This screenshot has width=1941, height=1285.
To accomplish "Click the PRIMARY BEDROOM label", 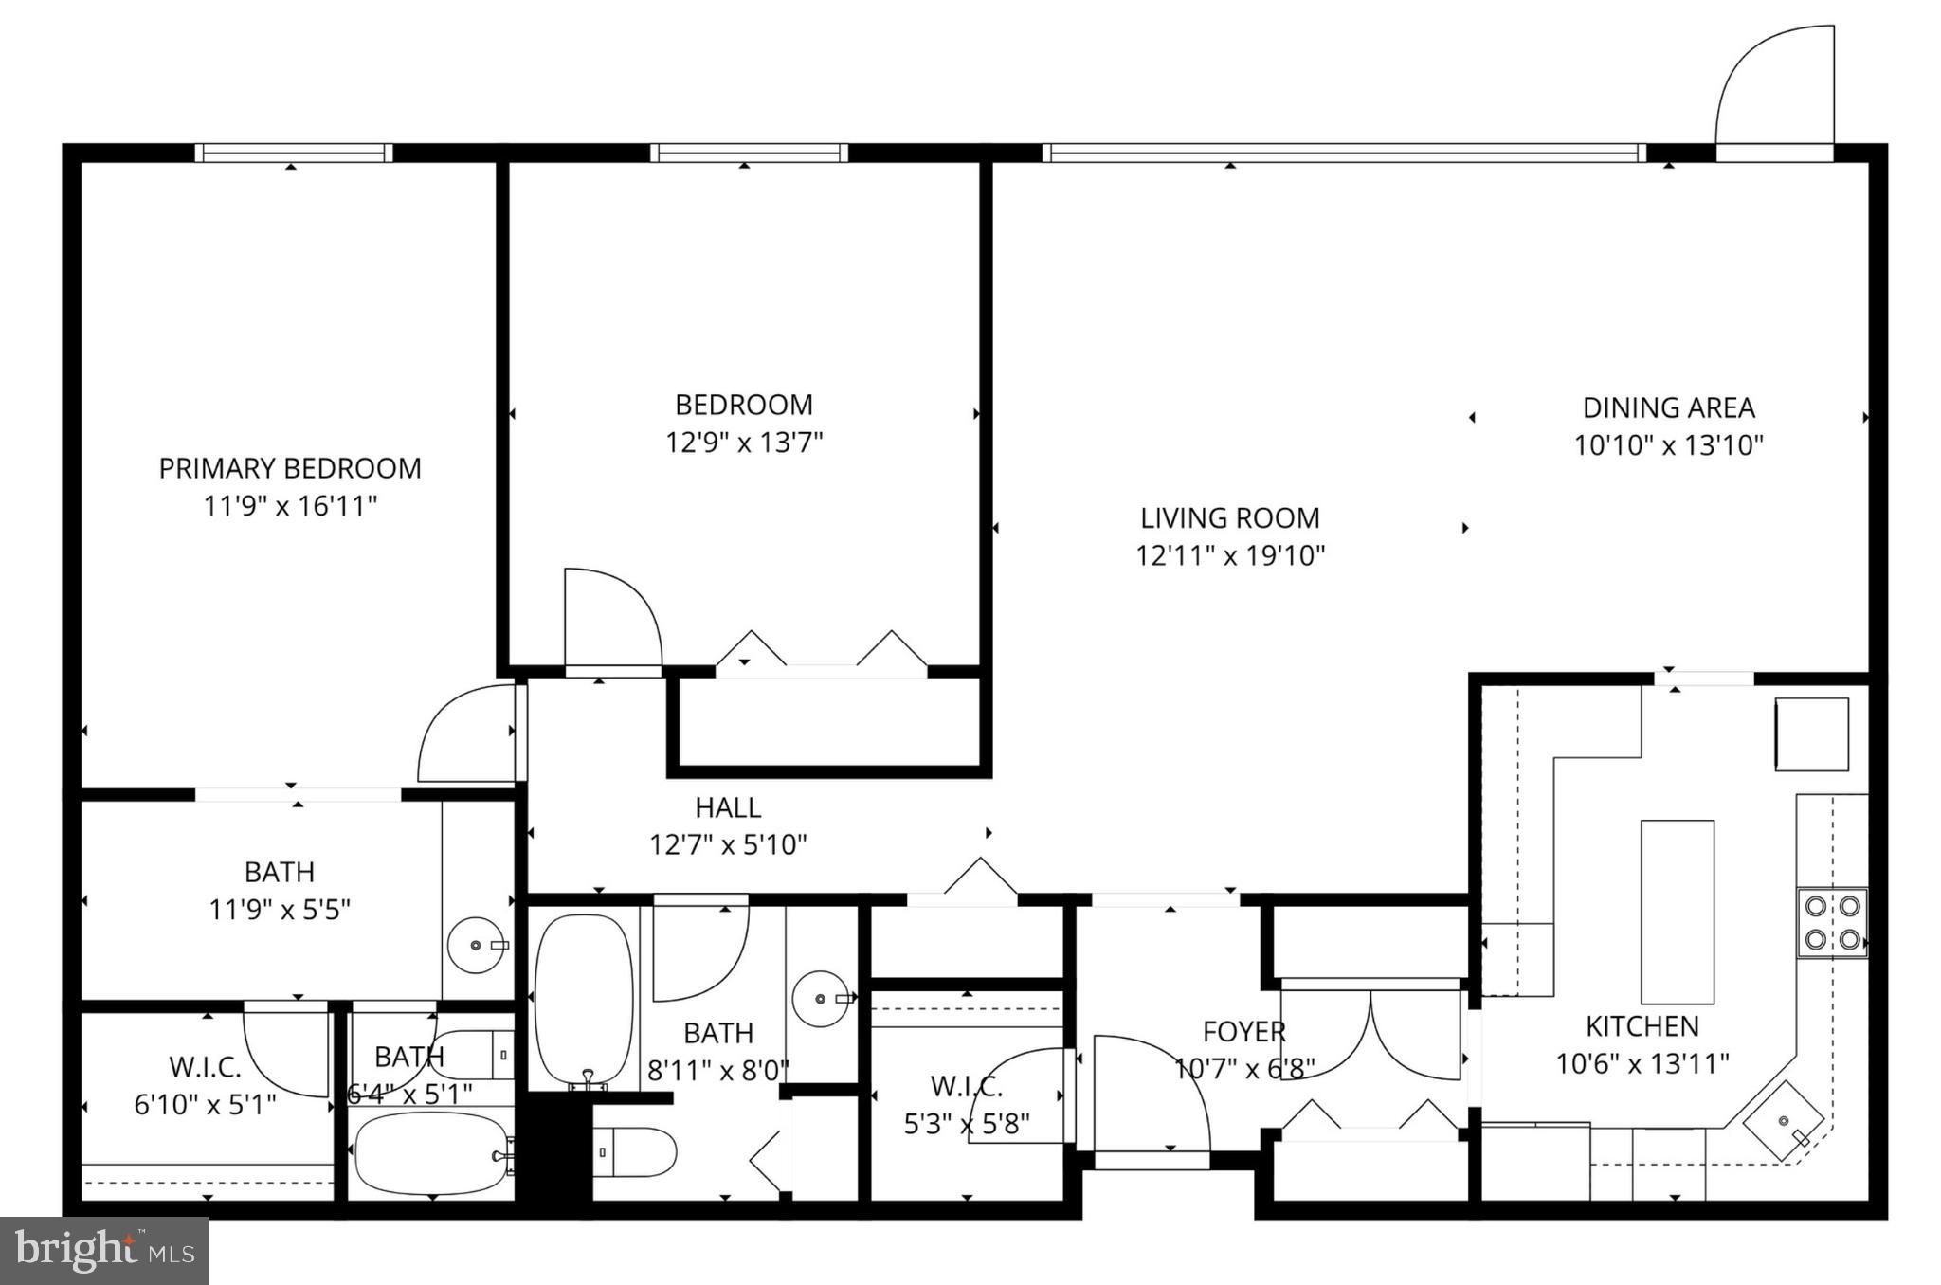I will (x=289, y=468).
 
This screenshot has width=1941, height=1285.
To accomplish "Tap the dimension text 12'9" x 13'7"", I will (x=744, y=443).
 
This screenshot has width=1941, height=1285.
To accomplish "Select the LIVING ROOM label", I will (x=1229, y=518).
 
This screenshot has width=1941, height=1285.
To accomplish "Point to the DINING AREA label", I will (x=1668, y=408).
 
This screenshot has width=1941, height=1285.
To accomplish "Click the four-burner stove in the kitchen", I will (x=1831, y=923).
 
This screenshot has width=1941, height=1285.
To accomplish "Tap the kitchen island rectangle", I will (x=1677, y=912).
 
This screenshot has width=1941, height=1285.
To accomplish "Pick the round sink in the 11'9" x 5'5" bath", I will (x=477, y=945).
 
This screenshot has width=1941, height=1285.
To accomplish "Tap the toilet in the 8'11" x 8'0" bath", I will (x=635, y=1152).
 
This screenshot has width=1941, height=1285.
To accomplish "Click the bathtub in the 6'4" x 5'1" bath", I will (x=431, y=1154).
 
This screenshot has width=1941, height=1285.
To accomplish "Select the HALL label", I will (x=727, y=808).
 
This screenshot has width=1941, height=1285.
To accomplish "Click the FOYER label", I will (x=1243, y=1032).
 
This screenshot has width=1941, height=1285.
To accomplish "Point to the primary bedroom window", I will (x=293, y=154).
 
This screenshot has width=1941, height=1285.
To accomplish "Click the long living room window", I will (x=1343, y=154).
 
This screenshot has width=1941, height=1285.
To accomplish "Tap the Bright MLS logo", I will (x=104, y=1250).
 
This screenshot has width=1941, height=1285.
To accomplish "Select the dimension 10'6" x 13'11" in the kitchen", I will (x=1642, y=1064).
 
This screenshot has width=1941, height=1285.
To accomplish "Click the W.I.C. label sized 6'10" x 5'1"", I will (x=205, y=1068).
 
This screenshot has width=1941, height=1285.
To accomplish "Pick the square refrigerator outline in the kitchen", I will (x=1811, y=734).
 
